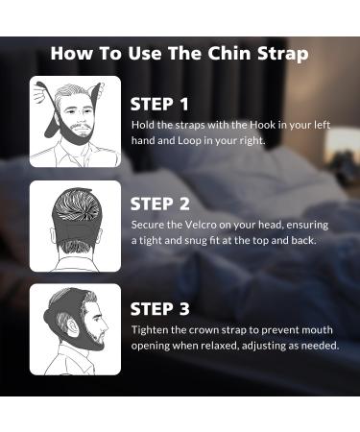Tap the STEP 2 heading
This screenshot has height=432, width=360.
click(x=159, y=204)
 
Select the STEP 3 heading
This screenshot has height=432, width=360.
click(x=159, y=309)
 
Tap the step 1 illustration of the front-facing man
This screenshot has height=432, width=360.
click(x=75, y=121)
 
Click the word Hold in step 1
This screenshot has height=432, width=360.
click(x=142, y=125)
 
